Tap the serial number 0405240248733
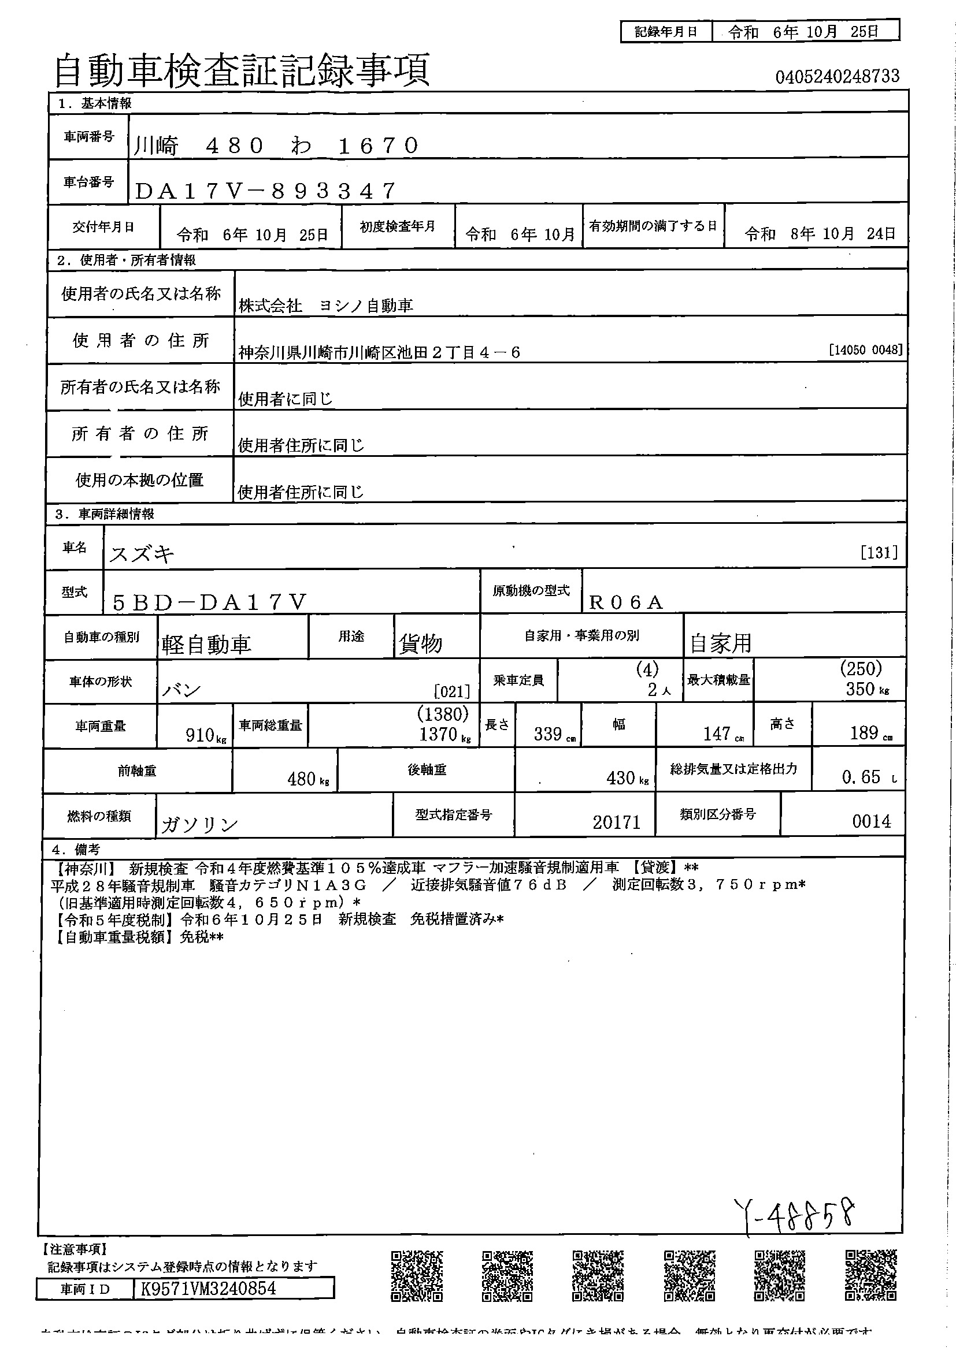(836, 76)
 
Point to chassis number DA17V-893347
(265, 191)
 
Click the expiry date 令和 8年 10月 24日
(820, 234)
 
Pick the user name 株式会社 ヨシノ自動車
(325, 306)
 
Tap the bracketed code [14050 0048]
(865, 350)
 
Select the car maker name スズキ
(142, 554)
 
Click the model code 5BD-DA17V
(210, 602)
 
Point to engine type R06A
(625, 602)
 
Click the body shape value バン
(181, 690)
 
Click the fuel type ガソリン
(199, 824)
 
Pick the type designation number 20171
(616, 822)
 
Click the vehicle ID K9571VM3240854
(209, 1289)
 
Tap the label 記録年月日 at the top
(666, 32)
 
